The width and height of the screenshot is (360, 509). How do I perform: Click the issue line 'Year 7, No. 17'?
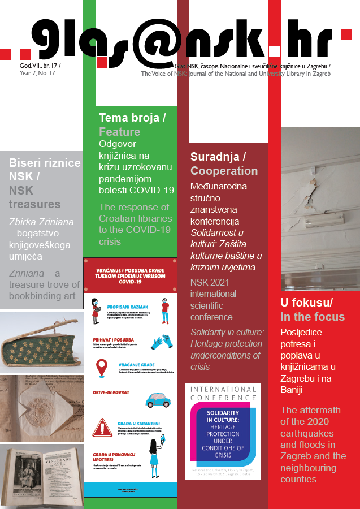pyautogui.click(x=40, y=74)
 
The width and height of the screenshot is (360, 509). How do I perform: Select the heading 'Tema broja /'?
pyautogui.click(x=132, y=118)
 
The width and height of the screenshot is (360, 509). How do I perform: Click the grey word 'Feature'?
pyautogui.click(x=119, y=132)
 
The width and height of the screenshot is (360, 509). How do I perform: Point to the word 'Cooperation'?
pyautogui.click(x=224, y=171)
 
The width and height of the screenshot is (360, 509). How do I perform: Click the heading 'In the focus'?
pyautogui.click(x=313, y=316)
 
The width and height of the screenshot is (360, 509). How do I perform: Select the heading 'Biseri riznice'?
pyautogui.click(x=45, y=163)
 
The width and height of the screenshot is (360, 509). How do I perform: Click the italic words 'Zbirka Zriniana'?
pyautogui.click(x=41, y=222)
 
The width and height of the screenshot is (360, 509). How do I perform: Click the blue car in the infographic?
pyautogui.click(x=158, y=400)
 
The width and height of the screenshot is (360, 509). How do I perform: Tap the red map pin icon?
pyautogui.click(x=102, y=368)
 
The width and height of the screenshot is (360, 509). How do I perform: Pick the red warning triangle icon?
pyautogui.click(x=102, y=427)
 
